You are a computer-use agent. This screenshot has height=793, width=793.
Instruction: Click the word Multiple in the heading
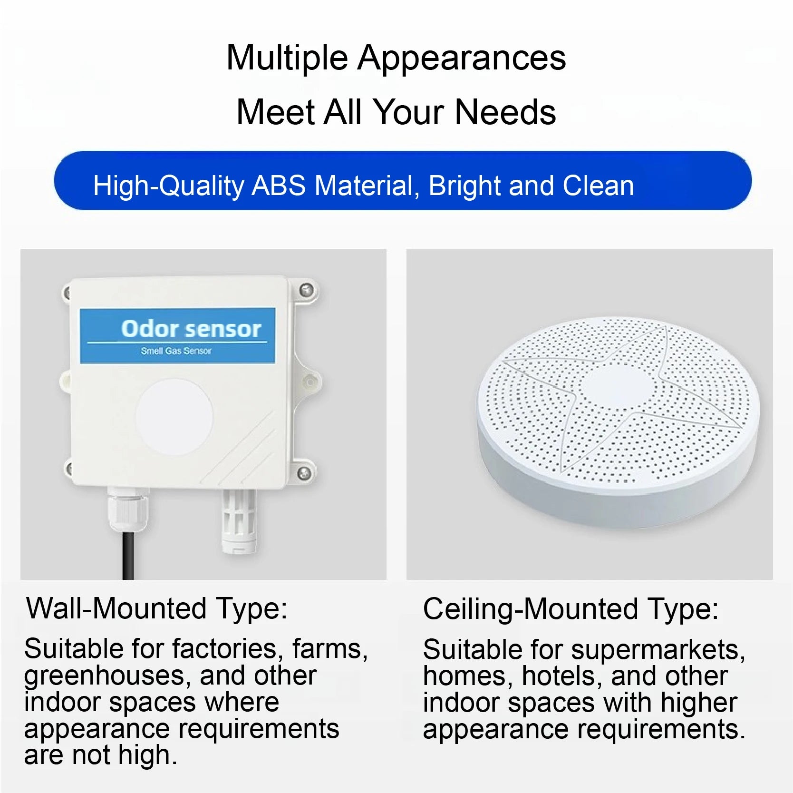[x=287, y=58]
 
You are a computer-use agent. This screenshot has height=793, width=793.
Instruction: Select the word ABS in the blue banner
[x=279, y=186]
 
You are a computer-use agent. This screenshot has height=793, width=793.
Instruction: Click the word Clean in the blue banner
[x=598, y=186]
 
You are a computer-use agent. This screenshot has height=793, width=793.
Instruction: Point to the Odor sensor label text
[x=191, y=329]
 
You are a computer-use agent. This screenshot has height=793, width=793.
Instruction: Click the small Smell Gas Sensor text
[x=176, y=351]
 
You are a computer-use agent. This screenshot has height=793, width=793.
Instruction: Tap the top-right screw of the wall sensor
[x=307, y=290]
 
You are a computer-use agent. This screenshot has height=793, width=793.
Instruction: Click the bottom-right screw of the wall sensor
[x=304, y=472]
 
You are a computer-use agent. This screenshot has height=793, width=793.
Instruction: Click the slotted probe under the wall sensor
[x=239, y=521]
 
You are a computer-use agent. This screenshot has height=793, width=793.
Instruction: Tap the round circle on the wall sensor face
[x=174, y=417]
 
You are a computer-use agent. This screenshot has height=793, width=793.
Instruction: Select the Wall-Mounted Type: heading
[x=157, y=608]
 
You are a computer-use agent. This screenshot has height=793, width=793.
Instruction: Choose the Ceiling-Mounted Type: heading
[x=571, y=609]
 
